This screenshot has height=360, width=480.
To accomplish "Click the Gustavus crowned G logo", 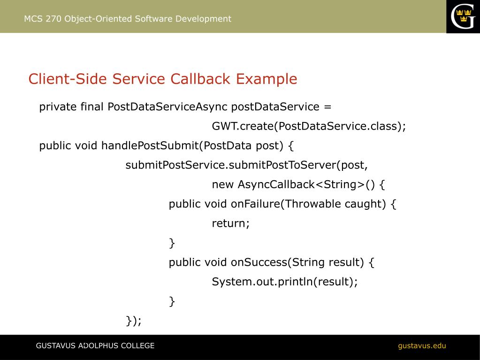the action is [x=463, y=16].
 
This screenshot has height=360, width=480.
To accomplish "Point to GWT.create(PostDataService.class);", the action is [x=309, y=127].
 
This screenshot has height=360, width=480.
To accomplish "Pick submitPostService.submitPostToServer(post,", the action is [x=247, y=165].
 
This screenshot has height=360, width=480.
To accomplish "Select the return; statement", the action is [x=231, y=223].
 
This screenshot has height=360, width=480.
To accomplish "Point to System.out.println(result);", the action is [x=285, y=282].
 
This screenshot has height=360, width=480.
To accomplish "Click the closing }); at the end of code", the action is [x=134, y=321].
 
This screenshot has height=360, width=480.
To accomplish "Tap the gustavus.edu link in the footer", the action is [x=422, y=346].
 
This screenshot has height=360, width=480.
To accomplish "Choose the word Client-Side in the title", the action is [x=68, y=79].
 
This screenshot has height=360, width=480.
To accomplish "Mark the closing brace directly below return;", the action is [x=172, y=243].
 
